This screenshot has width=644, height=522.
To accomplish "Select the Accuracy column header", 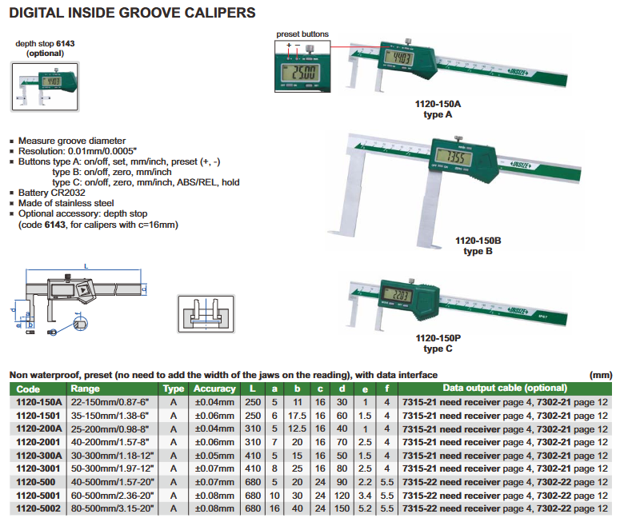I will coord(215,389).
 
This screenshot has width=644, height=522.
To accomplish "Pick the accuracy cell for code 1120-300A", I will coord(215,456).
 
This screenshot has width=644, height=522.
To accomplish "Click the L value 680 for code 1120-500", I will coord(252,482).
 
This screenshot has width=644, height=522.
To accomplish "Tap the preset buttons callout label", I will coord(302,34).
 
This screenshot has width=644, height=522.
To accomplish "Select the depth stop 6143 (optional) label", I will coord(45,47).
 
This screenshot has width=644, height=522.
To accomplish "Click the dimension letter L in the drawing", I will coord(84,265).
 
